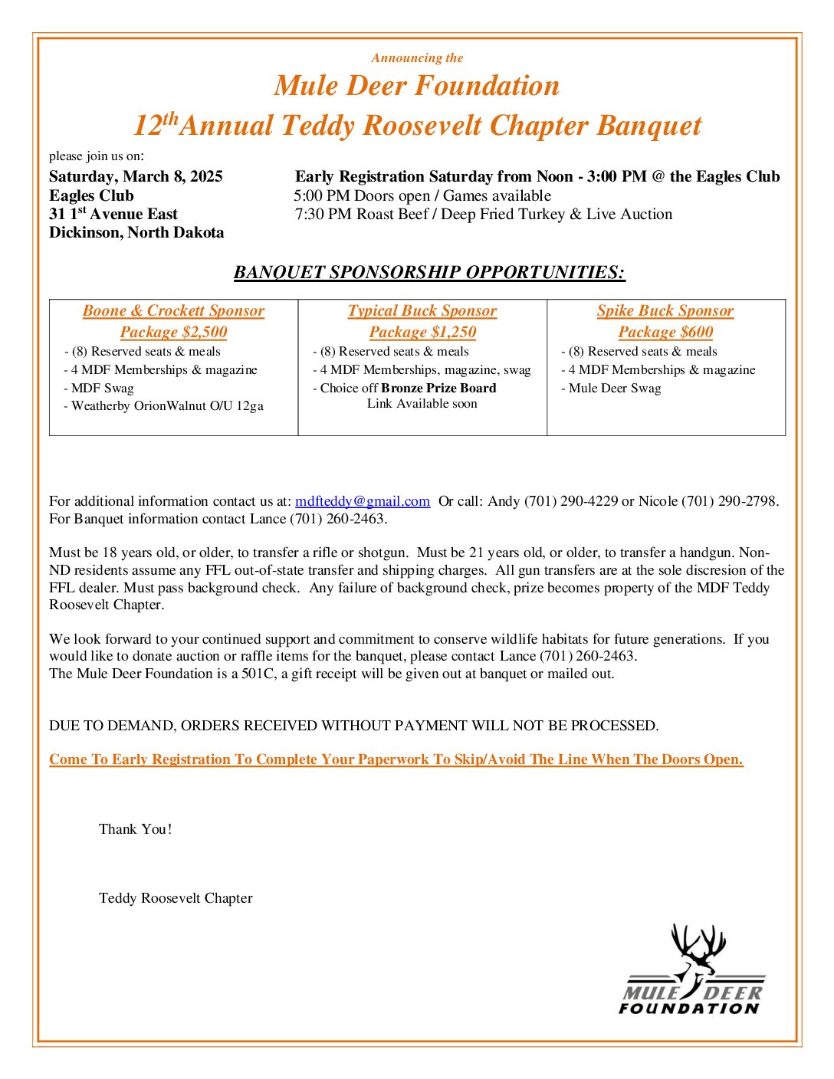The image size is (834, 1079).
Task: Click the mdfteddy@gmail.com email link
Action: (x=362, y=501)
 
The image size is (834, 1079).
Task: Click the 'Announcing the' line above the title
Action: (x=417, y=57)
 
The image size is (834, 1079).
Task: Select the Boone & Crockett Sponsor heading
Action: (x=173, y=310)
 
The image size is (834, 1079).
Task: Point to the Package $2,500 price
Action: (x=173, y=332)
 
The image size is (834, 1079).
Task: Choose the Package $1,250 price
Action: (x=422, y=332)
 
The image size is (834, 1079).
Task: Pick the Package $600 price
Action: (x=665, y=332)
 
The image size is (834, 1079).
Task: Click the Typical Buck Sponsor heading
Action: (x=422, y=310)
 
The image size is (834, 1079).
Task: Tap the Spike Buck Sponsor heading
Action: (x=665, y=310)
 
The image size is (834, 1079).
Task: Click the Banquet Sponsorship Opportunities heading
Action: (x=429, y=272)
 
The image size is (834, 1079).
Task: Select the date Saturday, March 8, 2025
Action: (x=136, y=176)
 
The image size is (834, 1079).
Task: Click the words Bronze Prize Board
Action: (x=438, y=388)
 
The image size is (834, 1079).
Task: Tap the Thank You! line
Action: (x=135, y=829)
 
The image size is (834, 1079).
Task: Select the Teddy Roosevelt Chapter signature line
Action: (x=176, y=898)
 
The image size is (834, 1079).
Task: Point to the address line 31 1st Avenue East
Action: (x=113, y=214)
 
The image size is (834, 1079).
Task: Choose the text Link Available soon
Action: (x=422, y=404)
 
